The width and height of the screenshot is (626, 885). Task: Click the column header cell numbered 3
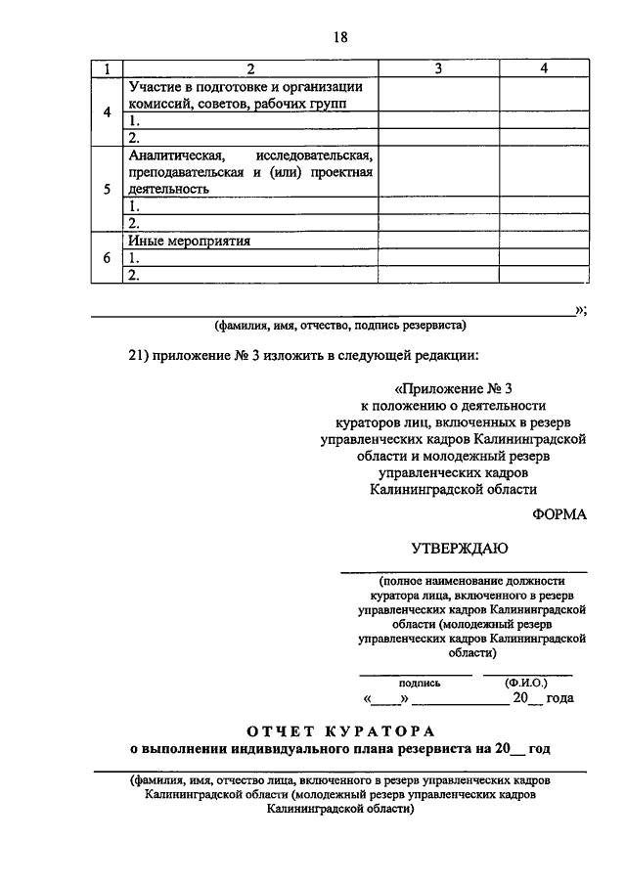(438, 68)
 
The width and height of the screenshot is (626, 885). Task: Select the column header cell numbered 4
(544, 68)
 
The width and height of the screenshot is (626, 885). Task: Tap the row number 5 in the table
(106, 189)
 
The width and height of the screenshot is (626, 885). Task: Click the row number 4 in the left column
(106, 111)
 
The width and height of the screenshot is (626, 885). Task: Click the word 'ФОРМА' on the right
(559, 515)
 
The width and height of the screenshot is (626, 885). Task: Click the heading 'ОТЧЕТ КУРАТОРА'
(339, 730)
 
